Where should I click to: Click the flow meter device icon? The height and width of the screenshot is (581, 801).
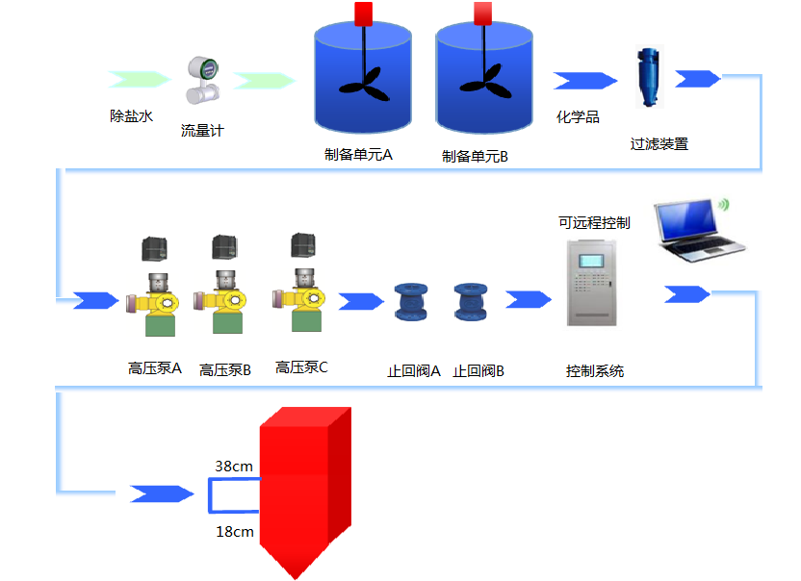(x=203, y=82)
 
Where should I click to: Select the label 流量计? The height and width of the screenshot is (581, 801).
(x=201, y=130)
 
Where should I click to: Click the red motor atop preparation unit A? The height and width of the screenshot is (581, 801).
(x=364, y=13)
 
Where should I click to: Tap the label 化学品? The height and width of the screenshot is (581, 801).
(x=578, y=117)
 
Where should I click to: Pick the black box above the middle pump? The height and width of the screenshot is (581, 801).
(x=225, y=247)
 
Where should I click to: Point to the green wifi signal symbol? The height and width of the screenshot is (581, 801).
(x=723, y=204)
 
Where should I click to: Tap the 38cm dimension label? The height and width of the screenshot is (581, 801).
(x=234, y=467)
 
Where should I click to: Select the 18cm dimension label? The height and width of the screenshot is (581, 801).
(x=235, y=531)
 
